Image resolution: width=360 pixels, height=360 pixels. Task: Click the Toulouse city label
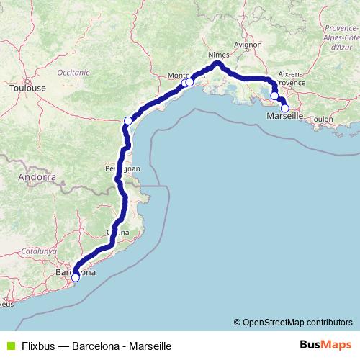[27, 88]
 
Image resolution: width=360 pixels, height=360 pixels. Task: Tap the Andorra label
[38, 176]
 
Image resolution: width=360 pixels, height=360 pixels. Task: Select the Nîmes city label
[217, 55]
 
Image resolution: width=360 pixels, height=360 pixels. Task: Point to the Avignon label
[247, 44]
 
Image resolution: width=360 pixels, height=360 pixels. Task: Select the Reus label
[6, 304]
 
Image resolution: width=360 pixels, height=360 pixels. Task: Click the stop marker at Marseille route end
[285, 109]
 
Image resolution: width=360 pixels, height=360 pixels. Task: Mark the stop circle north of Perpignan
[128, 120]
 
